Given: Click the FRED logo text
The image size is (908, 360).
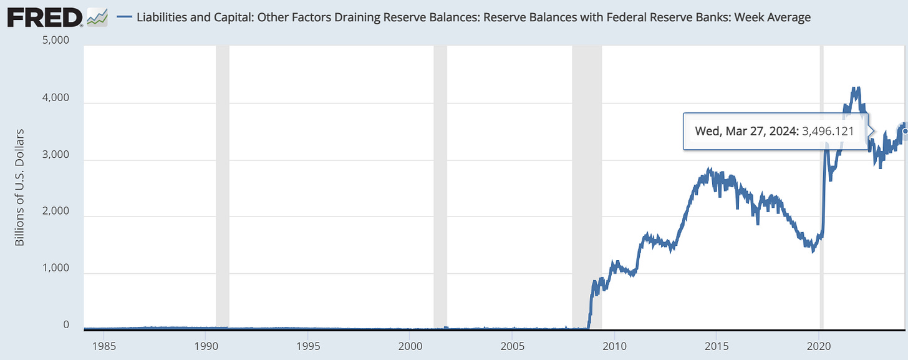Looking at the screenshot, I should tap(44, 17).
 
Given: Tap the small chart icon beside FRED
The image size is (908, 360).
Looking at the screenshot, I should tap(97, 17).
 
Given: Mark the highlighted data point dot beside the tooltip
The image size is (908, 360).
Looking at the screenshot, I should tap(905, 131).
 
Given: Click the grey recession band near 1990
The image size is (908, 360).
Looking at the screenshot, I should tap(223, 187).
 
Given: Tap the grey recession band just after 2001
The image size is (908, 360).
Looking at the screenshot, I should tap(440, 187).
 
